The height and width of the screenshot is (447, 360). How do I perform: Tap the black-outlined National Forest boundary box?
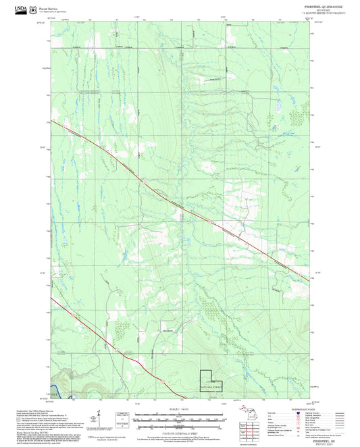pyautogui.click(x=211, y=382)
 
